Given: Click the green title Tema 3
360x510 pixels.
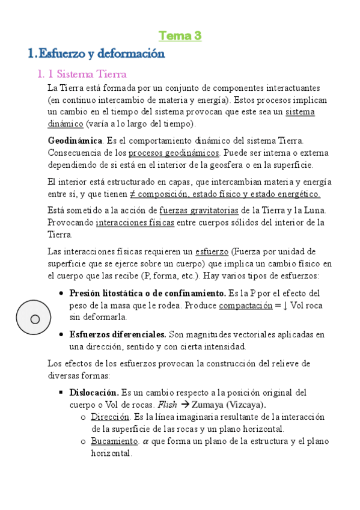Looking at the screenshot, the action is tap(180, 36).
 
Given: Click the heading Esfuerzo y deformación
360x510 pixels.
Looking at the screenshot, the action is tap(96, 54).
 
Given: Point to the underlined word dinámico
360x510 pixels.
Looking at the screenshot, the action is tap(65, 124).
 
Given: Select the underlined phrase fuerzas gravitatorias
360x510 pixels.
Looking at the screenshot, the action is tap(199, 210).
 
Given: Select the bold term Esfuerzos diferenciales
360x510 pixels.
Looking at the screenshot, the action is tap(118, 334).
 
